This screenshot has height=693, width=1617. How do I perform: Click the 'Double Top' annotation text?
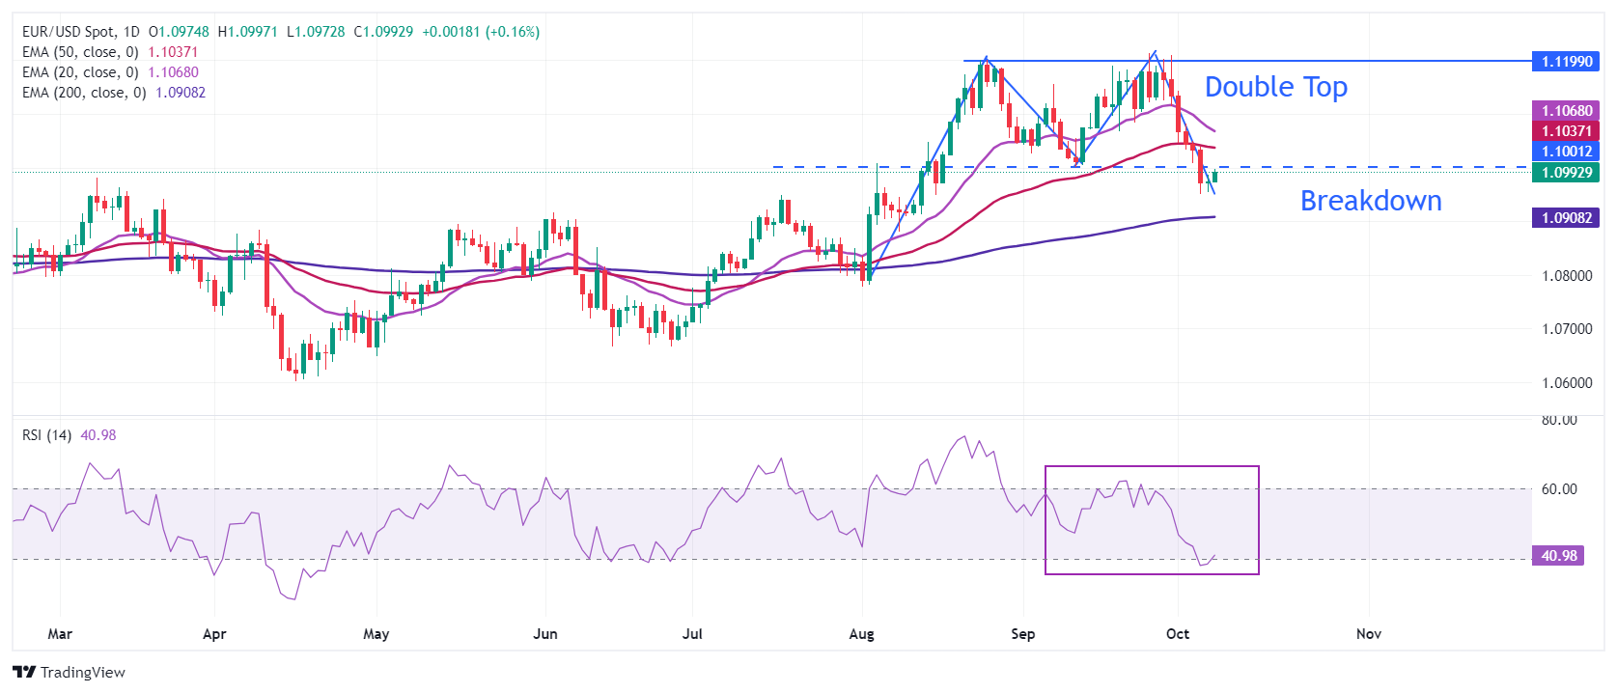1275,87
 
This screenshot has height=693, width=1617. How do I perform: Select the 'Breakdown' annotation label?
1370,201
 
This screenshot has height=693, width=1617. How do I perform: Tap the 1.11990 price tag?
1566,62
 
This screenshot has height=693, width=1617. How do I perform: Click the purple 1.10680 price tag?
1566,111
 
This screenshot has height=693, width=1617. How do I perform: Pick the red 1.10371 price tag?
1566,131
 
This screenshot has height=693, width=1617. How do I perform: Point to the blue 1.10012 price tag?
1566,152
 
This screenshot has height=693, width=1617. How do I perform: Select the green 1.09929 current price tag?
1566,173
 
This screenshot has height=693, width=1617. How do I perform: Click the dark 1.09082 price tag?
1566,218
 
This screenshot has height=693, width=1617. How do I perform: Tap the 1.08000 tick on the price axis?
1566,276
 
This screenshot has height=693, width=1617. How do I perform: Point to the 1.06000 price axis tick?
1566,383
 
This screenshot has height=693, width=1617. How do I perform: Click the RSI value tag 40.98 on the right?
1558,556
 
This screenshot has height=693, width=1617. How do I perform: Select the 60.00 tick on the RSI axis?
1558,489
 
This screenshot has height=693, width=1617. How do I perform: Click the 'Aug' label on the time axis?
861,634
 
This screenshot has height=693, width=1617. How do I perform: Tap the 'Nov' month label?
1368,634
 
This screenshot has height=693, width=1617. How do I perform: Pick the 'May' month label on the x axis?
376,634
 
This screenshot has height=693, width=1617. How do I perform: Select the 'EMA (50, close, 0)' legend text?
80,52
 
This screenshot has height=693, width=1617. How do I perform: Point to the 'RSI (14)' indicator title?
46,435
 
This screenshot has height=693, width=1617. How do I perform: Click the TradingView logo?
69,672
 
